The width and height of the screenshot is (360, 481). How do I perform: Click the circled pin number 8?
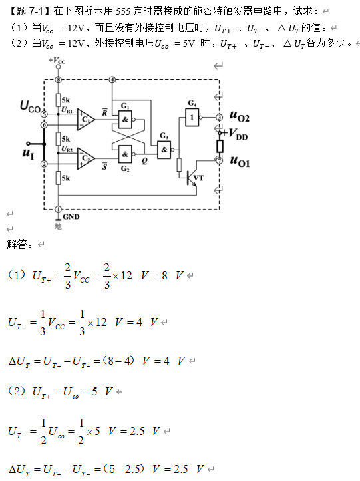[x=59, y=79]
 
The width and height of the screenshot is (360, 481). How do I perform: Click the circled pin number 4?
[x=112, y=79]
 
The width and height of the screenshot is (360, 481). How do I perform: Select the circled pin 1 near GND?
[x=59, y=208]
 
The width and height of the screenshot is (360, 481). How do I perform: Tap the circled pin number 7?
[x=220, y=160]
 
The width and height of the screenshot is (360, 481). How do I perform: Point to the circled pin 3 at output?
[x=220, y=116]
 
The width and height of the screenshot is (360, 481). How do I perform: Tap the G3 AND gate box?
[x=164, y=151]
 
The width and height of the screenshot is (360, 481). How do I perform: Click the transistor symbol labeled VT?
[x=194, y=178]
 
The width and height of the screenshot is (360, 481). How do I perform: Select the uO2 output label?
[x=240, y=116]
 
